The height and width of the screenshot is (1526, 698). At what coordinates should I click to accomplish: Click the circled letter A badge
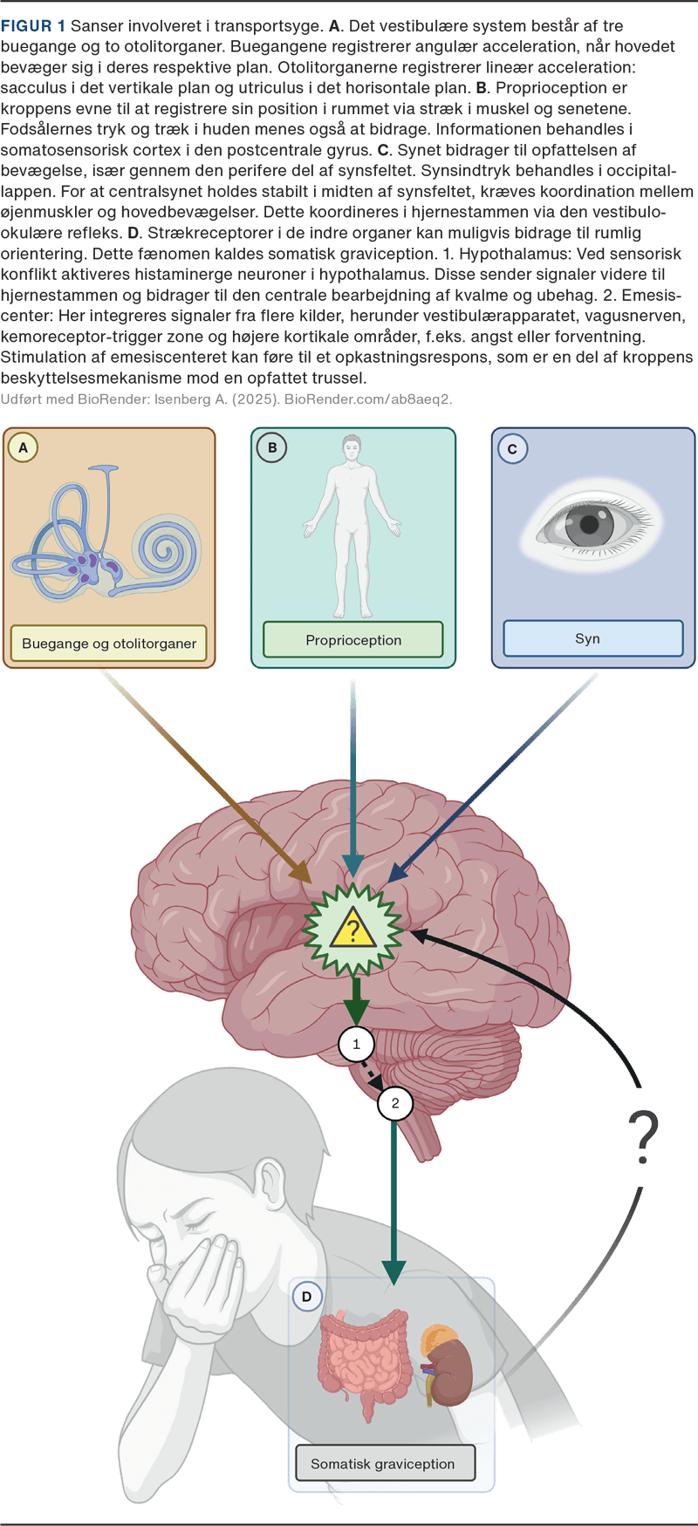coord(23,448)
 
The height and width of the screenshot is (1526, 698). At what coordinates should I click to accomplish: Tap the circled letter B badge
coord(272,448)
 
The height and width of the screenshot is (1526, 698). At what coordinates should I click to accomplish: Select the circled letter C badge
coord(512,449)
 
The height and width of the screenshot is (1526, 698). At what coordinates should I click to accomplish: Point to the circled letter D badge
coord(306,1297)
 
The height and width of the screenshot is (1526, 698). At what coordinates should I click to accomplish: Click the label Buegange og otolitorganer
coord(109,644)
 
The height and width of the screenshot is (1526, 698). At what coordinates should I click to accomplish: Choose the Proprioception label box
coord(353,640)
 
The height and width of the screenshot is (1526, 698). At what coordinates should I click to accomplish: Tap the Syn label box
coord(588,638)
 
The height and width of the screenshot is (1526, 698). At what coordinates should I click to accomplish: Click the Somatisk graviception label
coord(383,1464)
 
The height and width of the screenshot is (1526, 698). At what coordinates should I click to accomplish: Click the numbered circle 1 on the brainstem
coord(356,1044)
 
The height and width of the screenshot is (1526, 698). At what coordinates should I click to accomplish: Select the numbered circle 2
coord(395,1103)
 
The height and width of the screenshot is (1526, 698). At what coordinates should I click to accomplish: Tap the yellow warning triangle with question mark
coord(352,930)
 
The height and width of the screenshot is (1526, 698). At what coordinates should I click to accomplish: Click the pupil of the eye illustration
coord(590,525)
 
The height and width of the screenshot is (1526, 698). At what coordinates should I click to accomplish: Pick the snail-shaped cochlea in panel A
coord(165,549)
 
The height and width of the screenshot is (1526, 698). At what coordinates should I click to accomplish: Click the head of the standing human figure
coord(352,449)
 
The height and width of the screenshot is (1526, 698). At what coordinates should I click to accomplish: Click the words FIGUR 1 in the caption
coord(32,26)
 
